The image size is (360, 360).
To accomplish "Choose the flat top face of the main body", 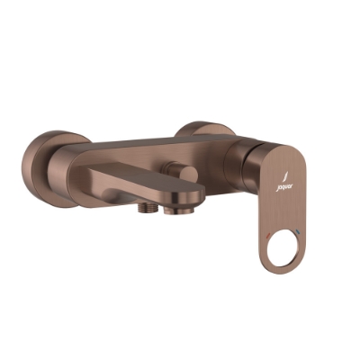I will (x=162, y=144).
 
